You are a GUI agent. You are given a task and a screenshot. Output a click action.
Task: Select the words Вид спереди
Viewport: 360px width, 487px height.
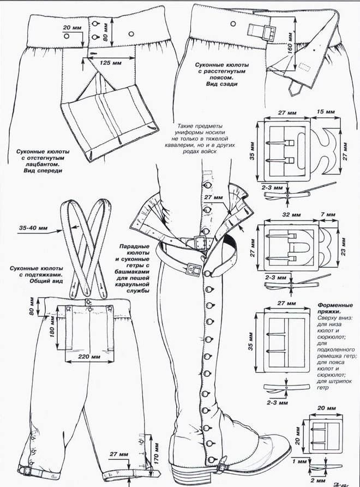click(44, 170)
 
